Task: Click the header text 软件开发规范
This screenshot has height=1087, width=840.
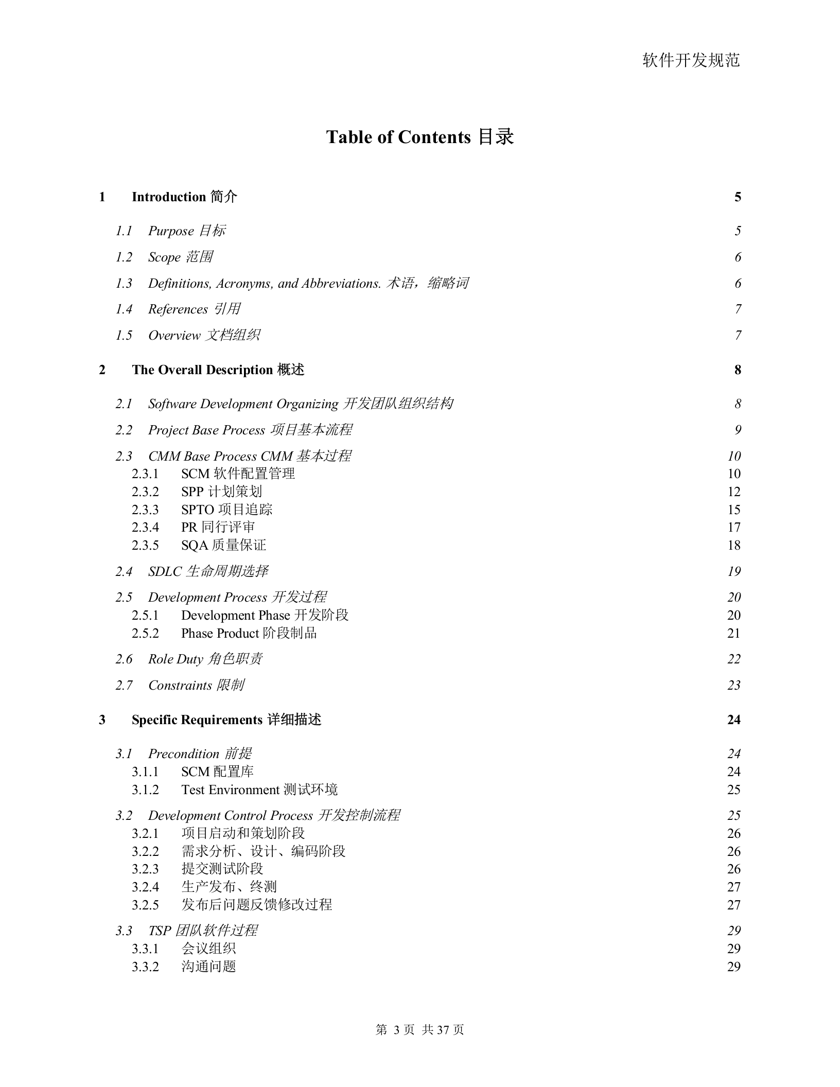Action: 691,61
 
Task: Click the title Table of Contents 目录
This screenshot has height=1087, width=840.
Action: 419,137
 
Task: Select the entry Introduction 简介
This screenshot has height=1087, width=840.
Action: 184,197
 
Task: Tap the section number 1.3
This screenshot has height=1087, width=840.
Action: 124,284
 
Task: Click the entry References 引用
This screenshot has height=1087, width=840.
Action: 194,309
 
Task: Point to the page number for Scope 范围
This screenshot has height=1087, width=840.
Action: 738,257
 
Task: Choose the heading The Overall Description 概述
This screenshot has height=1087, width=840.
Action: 218,370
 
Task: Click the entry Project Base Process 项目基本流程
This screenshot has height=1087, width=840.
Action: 250,430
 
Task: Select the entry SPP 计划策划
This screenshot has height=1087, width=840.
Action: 221,492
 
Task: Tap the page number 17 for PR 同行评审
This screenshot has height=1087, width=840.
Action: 733,528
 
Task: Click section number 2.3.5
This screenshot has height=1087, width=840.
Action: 145,546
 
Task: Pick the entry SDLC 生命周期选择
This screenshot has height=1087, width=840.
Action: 208,572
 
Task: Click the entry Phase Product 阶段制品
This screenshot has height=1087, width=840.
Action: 249,634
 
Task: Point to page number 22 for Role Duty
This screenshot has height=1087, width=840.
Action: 733,659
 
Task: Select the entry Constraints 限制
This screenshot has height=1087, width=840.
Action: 196,686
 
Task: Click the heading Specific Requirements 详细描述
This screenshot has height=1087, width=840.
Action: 226,720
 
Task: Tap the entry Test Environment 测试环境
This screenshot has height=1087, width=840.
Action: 259,790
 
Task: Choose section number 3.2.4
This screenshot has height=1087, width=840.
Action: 145,887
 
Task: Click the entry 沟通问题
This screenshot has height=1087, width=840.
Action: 208,967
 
